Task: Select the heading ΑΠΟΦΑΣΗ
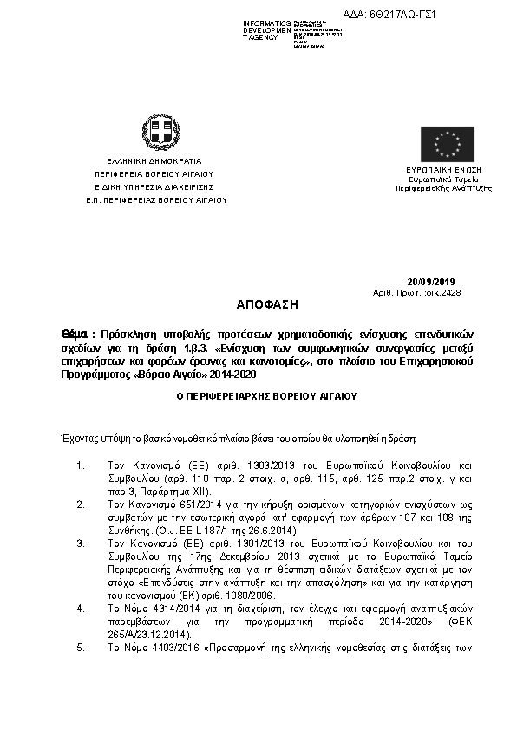point(266,305)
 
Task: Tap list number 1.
point(80,466)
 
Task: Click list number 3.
point(80,543)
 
